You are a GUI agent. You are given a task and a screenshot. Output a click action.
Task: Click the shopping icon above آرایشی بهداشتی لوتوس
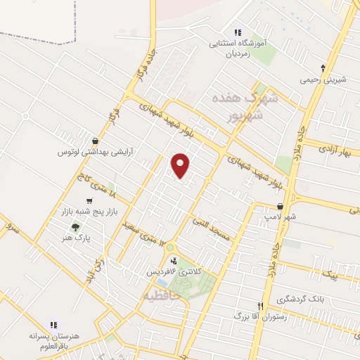point(95,140)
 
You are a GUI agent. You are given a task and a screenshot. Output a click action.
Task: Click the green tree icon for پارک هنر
point(75,227)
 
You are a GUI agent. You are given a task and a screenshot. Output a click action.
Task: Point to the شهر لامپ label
point(281,217)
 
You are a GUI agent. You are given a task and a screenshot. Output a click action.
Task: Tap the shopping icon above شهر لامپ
point(281,207)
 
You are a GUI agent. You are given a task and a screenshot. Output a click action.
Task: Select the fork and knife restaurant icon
point(260,307)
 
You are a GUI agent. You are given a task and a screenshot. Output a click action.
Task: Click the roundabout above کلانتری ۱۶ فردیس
point(171,248)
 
